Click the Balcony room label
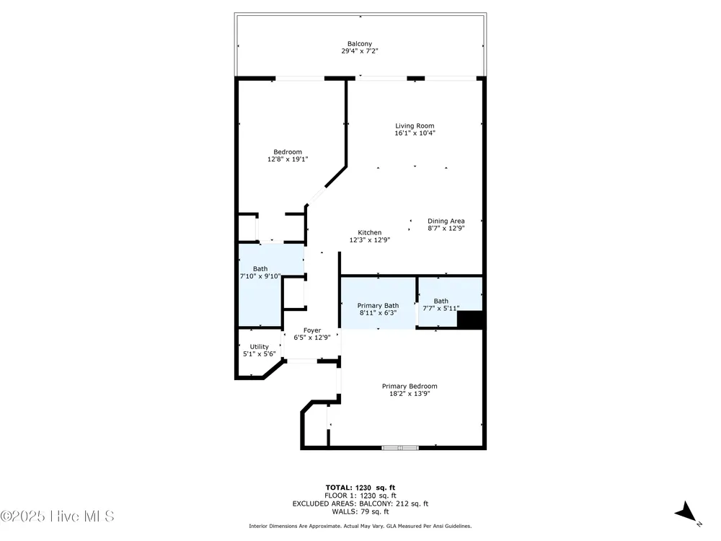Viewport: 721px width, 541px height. pyautogui.click(x=360, y=44)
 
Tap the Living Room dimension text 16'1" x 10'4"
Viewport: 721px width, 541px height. pyautogui.click(x=415, y=133)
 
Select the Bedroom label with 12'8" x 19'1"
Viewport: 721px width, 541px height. pyautogui.click(x=288, y=151)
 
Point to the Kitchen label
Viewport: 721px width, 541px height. pyautogui.click(x=370, y=233)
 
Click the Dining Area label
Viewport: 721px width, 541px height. pyautogui.click(x=446, y=221)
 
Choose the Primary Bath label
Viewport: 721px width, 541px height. pyautogui.click(x=378, y=305)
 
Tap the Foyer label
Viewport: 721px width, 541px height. pyautogui.click(x=312, y=330)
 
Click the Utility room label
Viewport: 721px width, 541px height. pyautogui.click(x=260, y=347)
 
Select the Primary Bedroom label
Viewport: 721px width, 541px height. pyautogui.click(x=410, y=387)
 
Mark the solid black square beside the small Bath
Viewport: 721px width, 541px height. pyautogui.click(x=469, y=320)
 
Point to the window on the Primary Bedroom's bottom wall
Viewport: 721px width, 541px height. pyautogui.click(x=400, y=447)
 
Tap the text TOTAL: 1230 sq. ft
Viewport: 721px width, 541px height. pyautogui.click(x=360, y=488)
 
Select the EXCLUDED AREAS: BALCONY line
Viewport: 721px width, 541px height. pyautogui.click(x=360, y=503)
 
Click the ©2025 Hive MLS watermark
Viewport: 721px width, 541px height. pyautogui.click(x=57, y=516)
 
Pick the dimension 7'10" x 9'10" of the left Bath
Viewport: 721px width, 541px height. pyautogui.click(x=260, y=276)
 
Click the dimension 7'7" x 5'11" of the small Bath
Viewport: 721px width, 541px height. pyautogui.click(x=441, y=309)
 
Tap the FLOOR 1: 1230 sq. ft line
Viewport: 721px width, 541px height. pyautogui.click(x=360, y=496)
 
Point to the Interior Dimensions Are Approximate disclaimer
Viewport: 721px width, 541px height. pyautogui.click(x=360, y=526)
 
